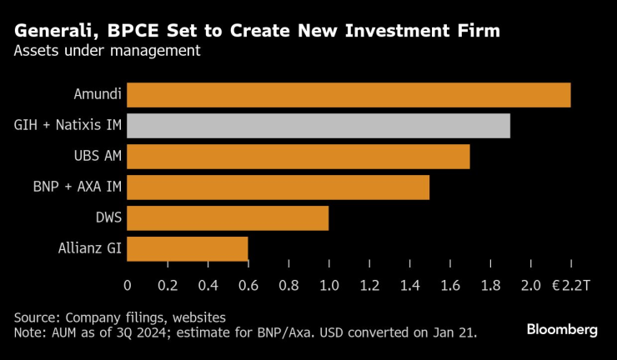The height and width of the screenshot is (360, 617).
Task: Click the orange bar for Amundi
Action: pyautogui.click(x=349, y=95)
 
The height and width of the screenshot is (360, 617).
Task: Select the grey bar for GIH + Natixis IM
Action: pyautogui.click(x=319, y=126)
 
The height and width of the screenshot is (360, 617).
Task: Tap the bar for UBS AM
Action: pyautogui.click(x=298, y=156)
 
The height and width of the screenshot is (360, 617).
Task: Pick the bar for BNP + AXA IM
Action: pyautogui.click(x=278, y=187)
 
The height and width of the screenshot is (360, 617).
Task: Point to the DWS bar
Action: pyautogui.click(x=228, y=217)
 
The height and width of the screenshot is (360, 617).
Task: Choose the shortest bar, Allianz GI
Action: pyautogui.click(x=188, y=248)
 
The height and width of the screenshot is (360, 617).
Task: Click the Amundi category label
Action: pyautogui.click(x=98, y=94)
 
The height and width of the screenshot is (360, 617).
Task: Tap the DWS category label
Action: pyautogui.click(x=108, y=217)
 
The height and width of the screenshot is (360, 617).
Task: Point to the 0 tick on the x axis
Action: pyautogui.click(x=128, y=286)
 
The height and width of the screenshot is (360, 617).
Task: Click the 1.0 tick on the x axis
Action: pyautogui.click(x=329, y=286)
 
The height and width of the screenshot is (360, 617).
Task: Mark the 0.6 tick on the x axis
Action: pyautogui.click(x=248, y=286)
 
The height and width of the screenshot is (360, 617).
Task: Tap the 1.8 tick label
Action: pyautogui.click(x=490, y=286)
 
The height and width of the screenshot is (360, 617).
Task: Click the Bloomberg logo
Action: pyautogui.click(x=562, y=330)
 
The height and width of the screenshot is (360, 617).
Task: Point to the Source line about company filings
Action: pyautogui.click(x=119, y=317)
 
